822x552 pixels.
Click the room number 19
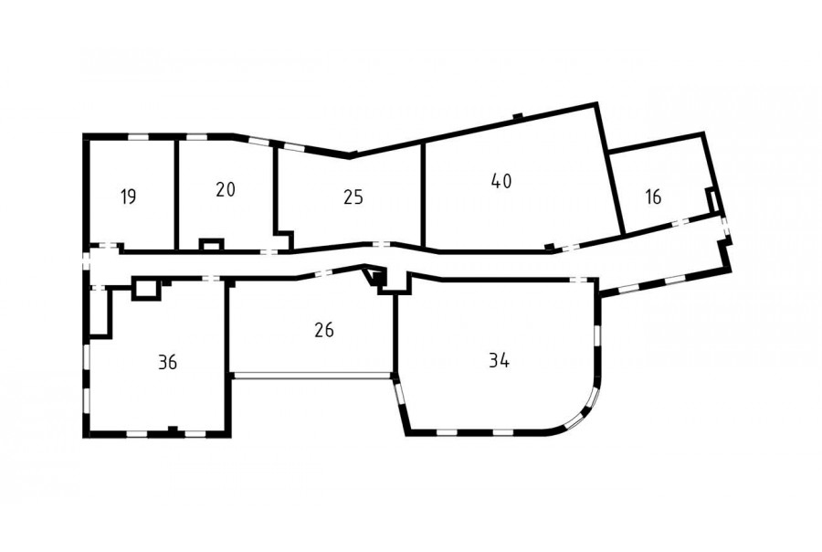129,196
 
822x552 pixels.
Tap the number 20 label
226,189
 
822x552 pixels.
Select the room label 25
353,197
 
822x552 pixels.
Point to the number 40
501,181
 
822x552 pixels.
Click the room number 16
654,196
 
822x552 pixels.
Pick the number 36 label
167,362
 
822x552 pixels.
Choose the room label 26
324,330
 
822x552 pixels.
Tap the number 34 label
499,360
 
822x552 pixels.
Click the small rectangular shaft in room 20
212,245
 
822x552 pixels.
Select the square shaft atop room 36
145,288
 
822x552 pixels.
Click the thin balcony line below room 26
312,375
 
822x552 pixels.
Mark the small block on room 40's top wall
518,116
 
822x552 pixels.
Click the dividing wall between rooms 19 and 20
177,194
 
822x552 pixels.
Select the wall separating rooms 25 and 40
423,195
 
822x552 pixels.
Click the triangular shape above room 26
373,277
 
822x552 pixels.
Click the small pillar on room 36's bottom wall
172,430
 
